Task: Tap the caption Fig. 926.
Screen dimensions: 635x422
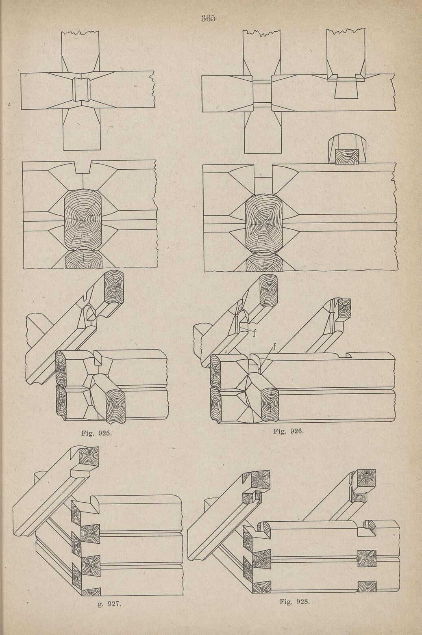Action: [289, 432]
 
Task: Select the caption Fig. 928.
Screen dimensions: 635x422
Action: [295, 602]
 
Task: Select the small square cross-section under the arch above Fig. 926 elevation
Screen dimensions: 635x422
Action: [346, 156]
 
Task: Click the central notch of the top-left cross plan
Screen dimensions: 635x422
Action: [81, 89]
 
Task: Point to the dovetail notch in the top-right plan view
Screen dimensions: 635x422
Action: [346, 87]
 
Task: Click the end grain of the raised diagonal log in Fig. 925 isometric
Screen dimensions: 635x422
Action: [114, 287]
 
